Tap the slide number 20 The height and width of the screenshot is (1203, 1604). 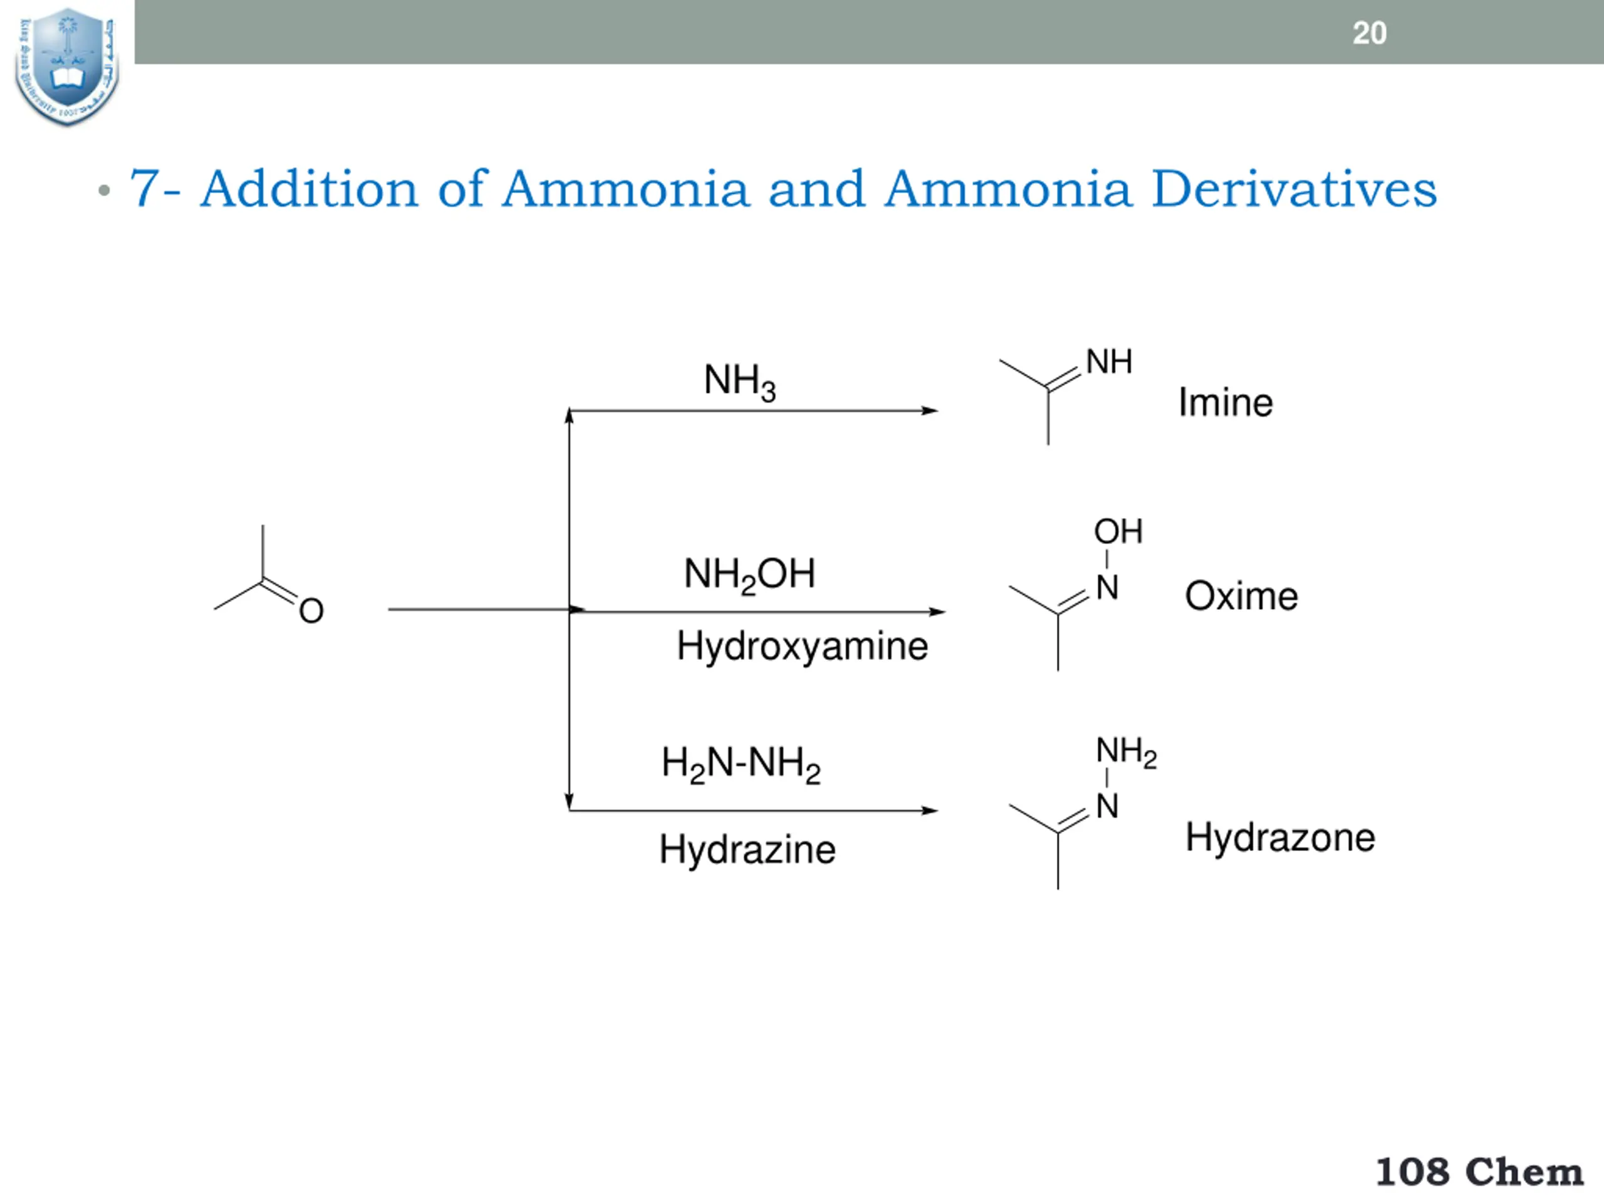tap(1369, 33)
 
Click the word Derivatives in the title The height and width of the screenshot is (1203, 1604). tap(1294, 189)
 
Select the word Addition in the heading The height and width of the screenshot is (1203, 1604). tap(309, 189)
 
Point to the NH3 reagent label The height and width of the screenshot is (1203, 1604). tap(739, 382)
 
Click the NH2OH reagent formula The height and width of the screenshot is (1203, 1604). tap(749, 575)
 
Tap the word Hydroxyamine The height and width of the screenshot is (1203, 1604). tap(802, 645)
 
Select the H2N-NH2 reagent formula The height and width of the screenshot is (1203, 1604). tap(741, 764)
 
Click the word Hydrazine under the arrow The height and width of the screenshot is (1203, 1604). tap(747, 849)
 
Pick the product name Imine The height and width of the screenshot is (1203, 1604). tap(1226, 402)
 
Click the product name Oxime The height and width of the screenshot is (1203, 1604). tap(1241, 596)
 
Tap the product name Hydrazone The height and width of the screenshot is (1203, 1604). tap(1280, 838)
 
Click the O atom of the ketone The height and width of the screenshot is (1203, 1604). tap(311, 610)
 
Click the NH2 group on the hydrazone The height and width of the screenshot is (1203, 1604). tap(1126, 751)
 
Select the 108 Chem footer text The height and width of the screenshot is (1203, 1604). tap(1479, 1172)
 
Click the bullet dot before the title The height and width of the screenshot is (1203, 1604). tap(105, 190)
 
